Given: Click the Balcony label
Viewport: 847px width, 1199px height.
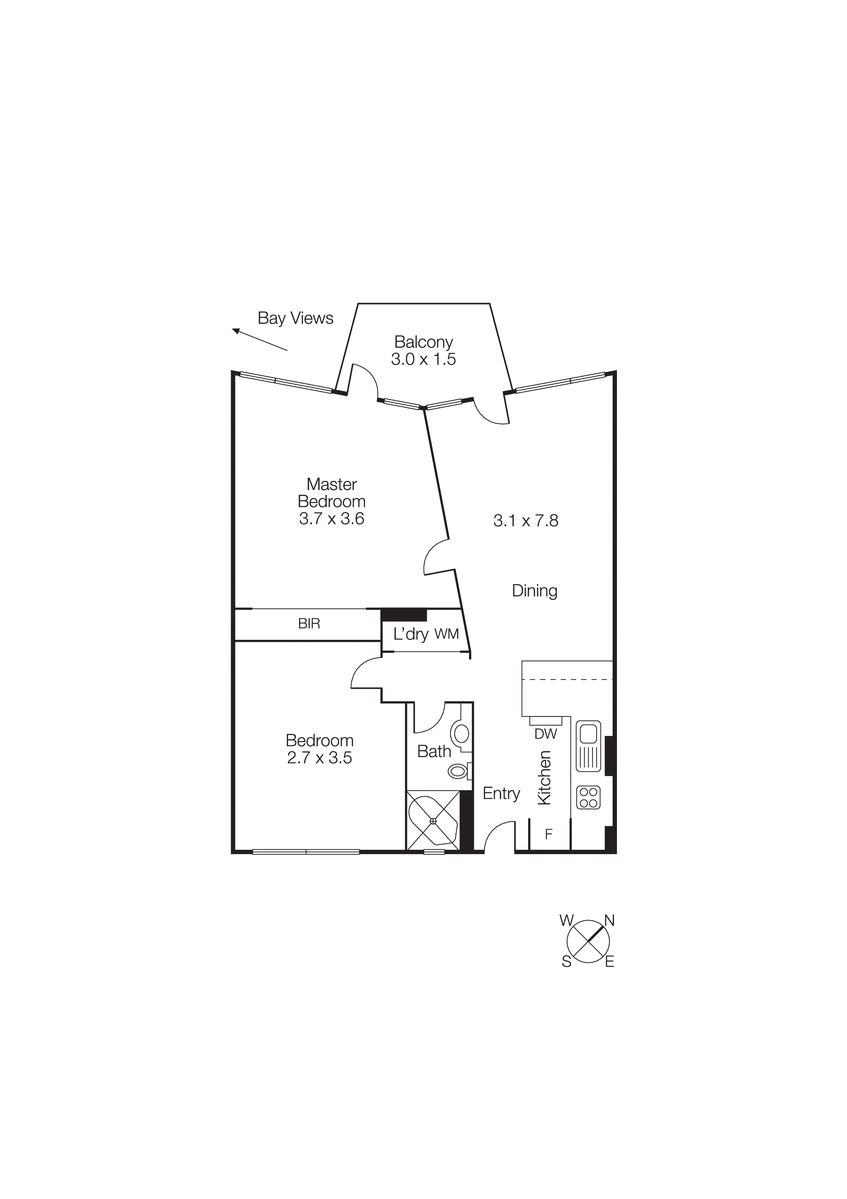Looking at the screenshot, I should coord(423,342).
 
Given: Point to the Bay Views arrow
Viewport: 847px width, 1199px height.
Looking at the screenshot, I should coord(259,339).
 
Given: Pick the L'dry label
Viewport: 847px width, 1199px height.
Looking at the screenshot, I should coord(411,634).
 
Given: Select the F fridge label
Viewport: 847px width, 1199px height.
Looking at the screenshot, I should coord(548,835).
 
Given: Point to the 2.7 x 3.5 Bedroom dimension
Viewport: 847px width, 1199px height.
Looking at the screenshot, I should coord(319,758).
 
